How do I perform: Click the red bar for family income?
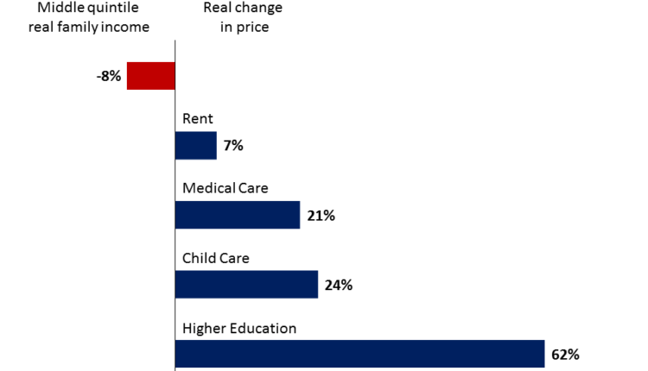151,76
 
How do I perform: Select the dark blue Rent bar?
196,146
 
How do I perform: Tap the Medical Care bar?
238,215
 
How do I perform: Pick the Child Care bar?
246,285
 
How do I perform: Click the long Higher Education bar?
359,354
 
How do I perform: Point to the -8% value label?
109,77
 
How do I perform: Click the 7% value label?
233,146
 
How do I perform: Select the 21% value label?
321,216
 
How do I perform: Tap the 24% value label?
339,285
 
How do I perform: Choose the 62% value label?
565,354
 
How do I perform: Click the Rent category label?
196,119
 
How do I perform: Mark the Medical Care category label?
226,188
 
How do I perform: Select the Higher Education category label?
239,328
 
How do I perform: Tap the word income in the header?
124,26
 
